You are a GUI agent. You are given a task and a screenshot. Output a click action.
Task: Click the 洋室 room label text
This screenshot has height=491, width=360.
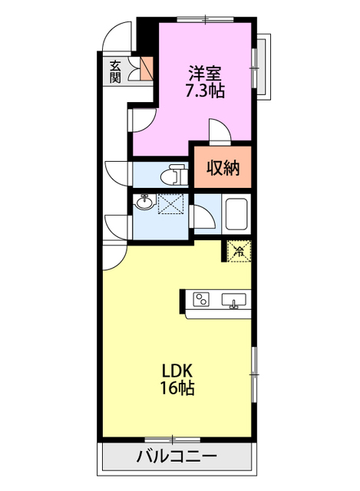pyautogui.click(x=205, y=74)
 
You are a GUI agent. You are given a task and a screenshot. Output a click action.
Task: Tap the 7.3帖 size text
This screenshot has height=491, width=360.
pyautogui.click(x=205, y=90)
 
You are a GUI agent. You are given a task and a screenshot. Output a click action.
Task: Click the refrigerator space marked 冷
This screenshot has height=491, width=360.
pyautogui.click(x=239, y=250)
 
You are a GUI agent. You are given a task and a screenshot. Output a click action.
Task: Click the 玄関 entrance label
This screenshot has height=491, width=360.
pyautogui.click(x=115, y=71)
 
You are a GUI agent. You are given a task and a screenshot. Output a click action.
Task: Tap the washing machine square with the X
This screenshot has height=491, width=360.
pyautogui.click(x=172, y=204)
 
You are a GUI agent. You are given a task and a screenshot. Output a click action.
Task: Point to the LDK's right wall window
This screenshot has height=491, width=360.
pyautogui.click(x=253, y=374)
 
